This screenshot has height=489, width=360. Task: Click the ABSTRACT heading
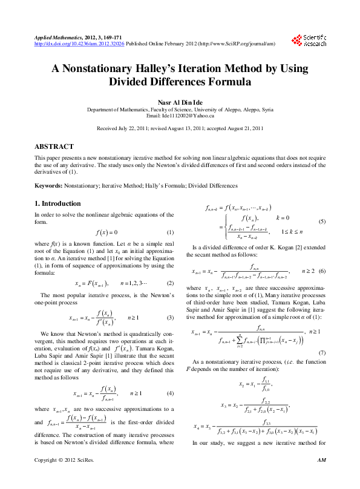(54, 146)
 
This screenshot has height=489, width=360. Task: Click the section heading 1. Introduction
(57, 203)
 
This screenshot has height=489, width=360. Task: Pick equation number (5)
(322, 222)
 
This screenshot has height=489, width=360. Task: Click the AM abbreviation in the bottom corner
(322, 477)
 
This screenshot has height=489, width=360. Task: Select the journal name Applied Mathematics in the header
(59, 38)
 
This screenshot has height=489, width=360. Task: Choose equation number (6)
(322, 272)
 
